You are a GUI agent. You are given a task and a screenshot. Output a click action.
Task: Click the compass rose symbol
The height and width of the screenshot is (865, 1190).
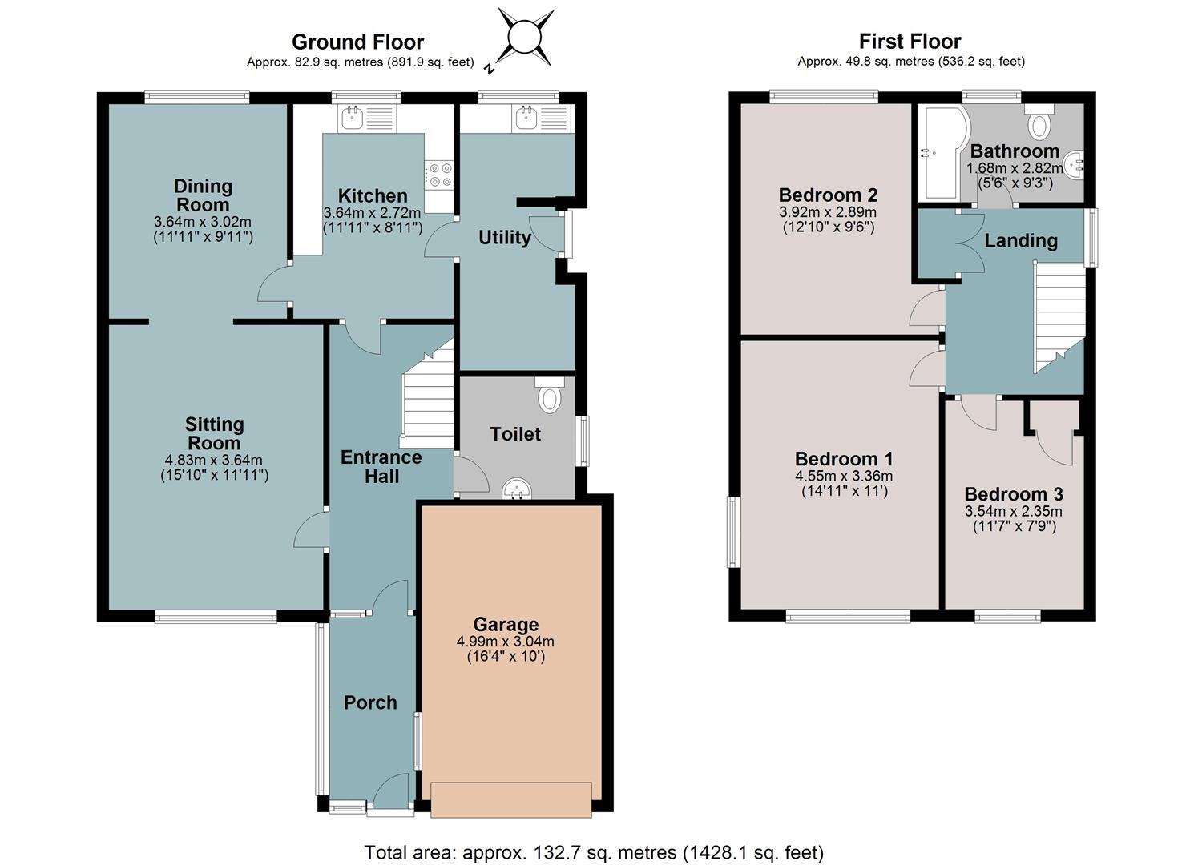pyautogui.click(x=524, y=38)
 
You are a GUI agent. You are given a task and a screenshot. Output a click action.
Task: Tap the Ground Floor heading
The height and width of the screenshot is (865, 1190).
pyautogui.click(x=357, y=42)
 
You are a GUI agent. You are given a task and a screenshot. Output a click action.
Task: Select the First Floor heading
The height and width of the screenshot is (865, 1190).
pyautogui.click(x=910, y=42)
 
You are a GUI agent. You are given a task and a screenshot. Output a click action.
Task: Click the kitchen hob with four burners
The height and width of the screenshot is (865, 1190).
pyautogui.click(x=439, y=175)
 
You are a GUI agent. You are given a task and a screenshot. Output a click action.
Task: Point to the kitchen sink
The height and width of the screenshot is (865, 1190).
pyautogui.click(x=367, y=118)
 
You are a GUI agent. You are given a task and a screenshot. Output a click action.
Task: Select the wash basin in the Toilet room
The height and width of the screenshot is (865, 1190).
pyautogui.click(x=517, y=489)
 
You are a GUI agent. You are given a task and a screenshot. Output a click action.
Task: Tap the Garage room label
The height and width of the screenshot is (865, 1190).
pyautogui.click(x=505, y=624)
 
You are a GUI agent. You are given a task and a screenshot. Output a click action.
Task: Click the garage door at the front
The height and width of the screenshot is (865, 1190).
pyautogui.click(x=511, y=799)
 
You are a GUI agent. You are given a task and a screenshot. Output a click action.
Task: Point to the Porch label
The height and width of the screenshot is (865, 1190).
pyautogui.click(x=370, y=702)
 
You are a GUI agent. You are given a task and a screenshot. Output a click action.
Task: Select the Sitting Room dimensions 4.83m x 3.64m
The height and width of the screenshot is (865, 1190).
pyautogui.click(x=214, y=460)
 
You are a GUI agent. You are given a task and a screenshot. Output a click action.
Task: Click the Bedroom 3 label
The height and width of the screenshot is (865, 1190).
pyautogui.click(x=1014, y=494)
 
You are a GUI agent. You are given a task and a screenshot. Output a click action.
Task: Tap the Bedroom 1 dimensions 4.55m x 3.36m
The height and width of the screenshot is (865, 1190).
pyautogui.click(x=844, y=476)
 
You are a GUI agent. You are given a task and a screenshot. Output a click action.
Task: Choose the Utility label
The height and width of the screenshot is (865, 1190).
pyautogui.click(x=505, y=237)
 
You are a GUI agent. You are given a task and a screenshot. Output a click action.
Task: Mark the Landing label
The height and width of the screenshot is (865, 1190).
pyautogui.click(x=1021, y=241)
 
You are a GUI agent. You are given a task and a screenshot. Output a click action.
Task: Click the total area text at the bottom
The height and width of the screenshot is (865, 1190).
pyautogui.click(x=594, y=852)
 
